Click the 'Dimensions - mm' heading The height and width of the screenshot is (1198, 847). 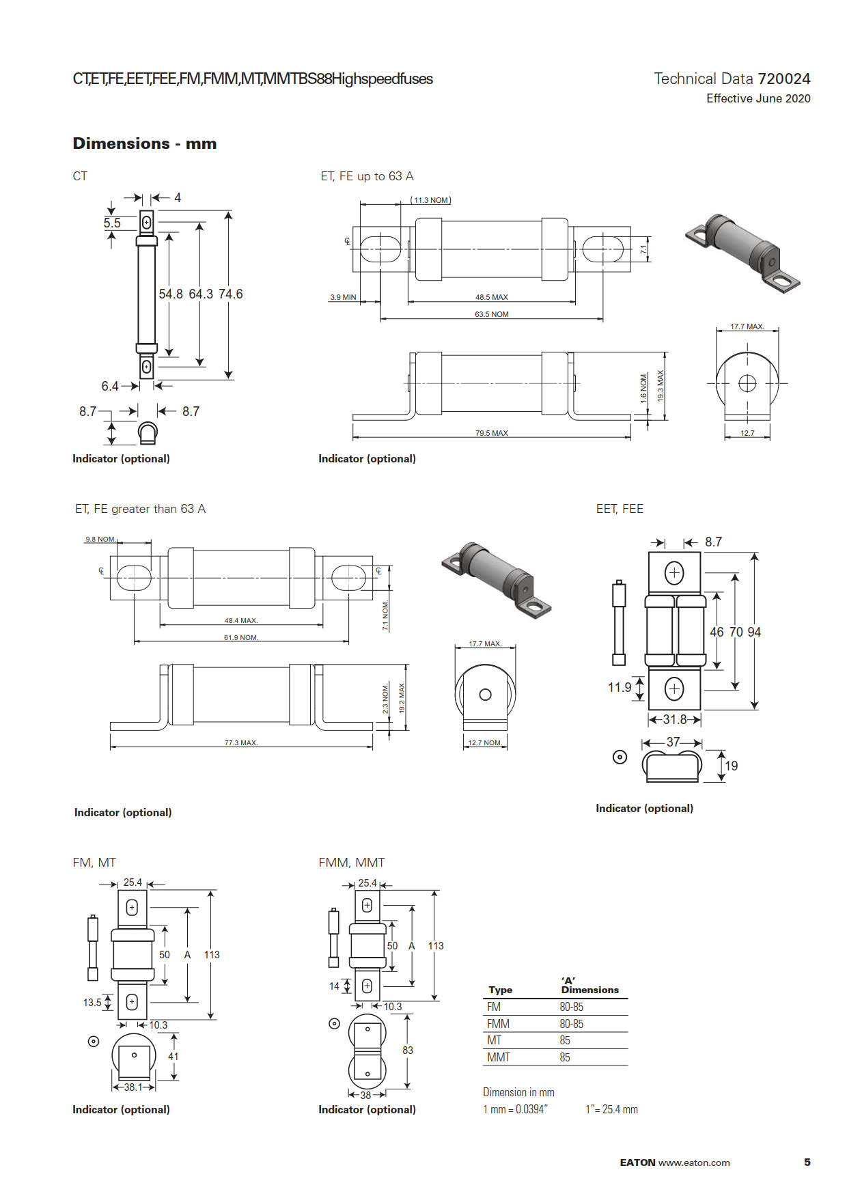click(x=144, y=143)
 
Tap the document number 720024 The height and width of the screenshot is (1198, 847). click(x=783, y=79)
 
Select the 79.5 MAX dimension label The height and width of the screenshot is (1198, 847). click(x=491, y=433)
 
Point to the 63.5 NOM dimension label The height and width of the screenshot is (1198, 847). click(x=491, y=314)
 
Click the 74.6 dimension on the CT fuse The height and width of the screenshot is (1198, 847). click(x=231, y=294)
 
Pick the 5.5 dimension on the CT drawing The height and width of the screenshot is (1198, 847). click(x=112, y=223)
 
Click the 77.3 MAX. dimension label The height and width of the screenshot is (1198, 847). click(x=241, y=742)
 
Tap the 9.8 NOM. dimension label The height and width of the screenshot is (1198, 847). click(x=100, y=539)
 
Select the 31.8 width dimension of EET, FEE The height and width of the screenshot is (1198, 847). click(x=674, y=719)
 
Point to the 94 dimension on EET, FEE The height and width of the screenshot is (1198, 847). click(x=754, y=632)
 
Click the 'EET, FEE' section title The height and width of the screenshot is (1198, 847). click(x=620, y=509)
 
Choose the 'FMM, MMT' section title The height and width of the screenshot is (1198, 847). click(x=351, y=863)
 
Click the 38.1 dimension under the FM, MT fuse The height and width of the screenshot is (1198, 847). click(x=133, y=1087)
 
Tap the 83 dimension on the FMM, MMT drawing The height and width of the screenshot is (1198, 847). click(x=408, y=1050)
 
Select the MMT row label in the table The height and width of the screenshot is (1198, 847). click(x=498, y=1057)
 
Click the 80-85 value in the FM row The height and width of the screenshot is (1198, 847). click(x=571, y=1007)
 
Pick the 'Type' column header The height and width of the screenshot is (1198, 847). click(x=500, y=990)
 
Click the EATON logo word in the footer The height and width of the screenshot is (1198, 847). click(x=637, y=1162)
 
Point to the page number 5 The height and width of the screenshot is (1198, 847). click(x=807, y=1162)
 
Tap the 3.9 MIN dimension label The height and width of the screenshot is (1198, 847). click(x=343, y=297)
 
